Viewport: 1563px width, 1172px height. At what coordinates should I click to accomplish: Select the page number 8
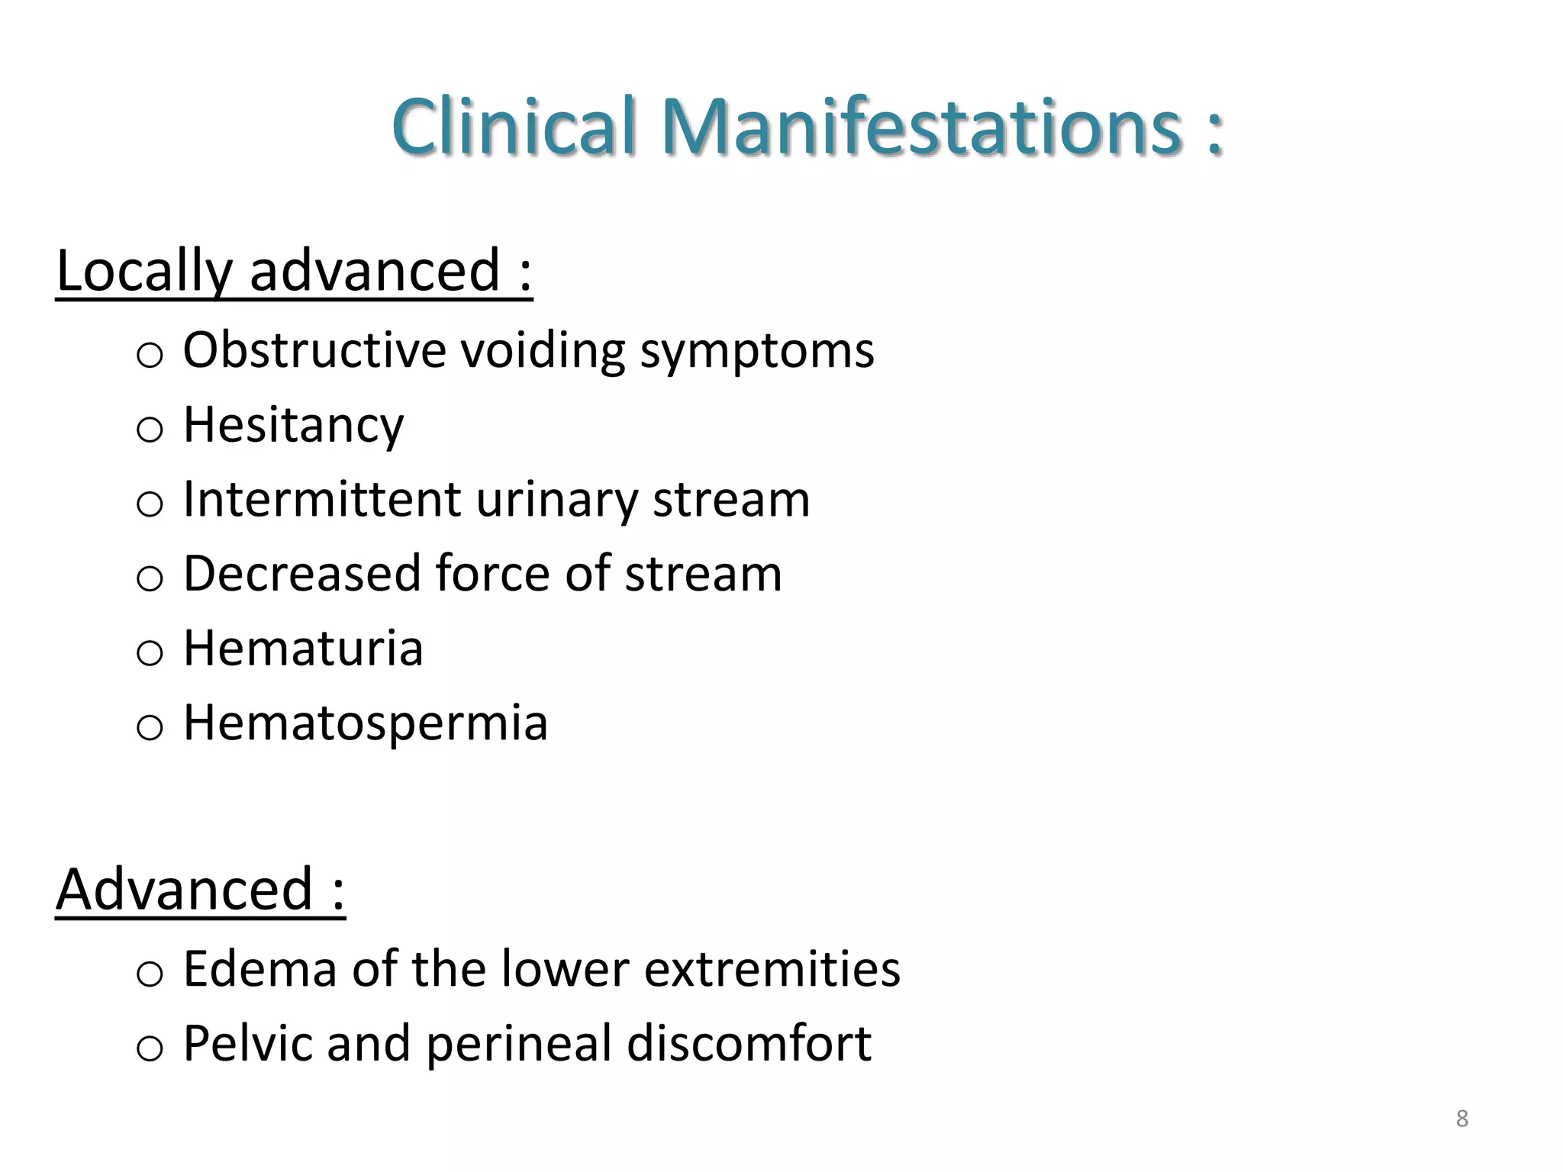pyautogui.click(x=1461, y=1119)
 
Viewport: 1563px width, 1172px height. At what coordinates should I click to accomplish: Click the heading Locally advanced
pyautogui.click(x=294, y=271)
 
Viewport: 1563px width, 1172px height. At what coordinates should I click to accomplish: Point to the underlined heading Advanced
pyautogui.click(x=200, y=890)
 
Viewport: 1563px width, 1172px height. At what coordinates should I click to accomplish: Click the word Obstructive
pyautogui.click(x=314, y=350)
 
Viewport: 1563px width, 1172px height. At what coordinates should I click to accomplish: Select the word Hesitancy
pyautogui.click(x=293, y=425)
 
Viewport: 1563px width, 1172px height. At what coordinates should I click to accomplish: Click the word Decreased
pyautogui.click(x=301, y=574)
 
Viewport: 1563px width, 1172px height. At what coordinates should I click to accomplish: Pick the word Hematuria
pyautogui.click(x=303, y=649)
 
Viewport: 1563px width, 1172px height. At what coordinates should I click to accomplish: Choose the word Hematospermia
pyautogui.click(x=365, y=723)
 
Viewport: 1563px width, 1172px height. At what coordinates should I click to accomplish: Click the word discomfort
pyautogui.click(x=749, y=1044)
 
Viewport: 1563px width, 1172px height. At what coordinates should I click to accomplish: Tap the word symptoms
pyautogui.click(x=756, y=352)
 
